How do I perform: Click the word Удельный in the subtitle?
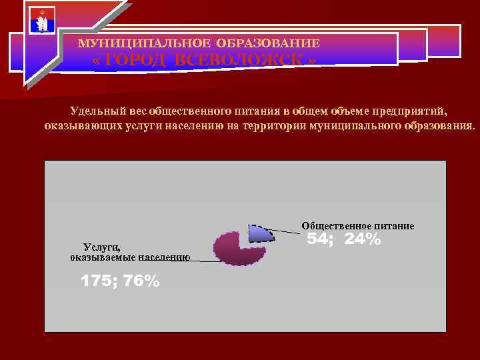tap(98, 111)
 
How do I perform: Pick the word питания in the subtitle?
tap(254, 111)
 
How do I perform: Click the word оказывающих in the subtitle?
tap(75, 125)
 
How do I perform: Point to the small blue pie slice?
tap(259, 234)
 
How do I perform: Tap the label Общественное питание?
tap(358, 226)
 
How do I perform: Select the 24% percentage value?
tap(363, 239)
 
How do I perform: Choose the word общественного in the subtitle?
tap(203, 111)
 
